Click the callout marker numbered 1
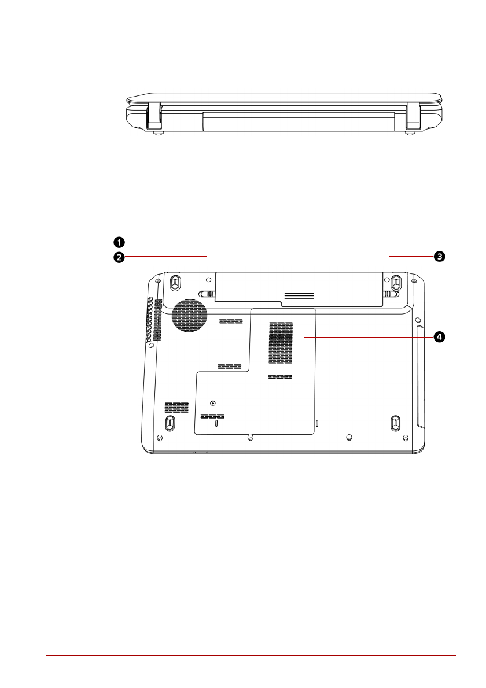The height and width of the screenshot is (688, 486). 119,243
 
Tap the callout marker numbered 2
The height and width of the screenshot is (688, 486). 119,257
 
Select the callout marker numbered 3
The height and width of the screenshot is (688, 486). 440,257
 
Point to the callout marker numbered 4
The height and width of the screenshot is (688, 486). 440,337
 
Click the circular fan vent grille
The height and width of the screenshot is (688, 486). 189,316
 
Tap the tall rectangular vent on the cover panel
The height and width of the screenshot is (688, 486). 281,343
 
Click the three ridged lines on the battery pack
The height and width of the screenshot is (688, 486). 299,295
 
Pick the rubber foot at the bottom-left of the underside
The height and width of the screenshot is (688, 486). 170,423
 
